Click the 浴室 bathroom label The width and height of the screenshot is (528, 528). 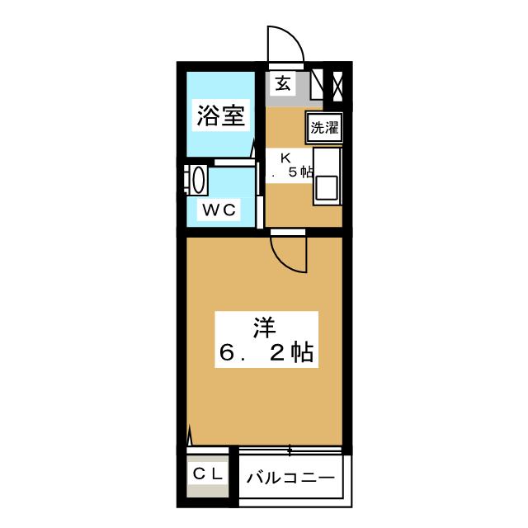[x=220, y=116]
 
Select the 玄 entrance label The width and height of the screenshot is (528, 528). [x=283, y=82]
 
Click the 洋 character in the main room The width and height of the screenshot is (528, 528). [x=263, y=328]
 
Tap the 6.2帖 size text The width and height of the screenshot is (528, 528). [x=264, y=354]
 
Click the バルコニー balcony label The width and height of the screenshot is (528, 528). [x=290, y=478]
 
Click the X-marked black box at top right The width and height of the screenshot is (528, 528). [x=337, y=85]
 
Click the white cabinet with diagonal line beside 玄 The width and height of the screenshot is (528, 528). [x=317, y=85]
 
